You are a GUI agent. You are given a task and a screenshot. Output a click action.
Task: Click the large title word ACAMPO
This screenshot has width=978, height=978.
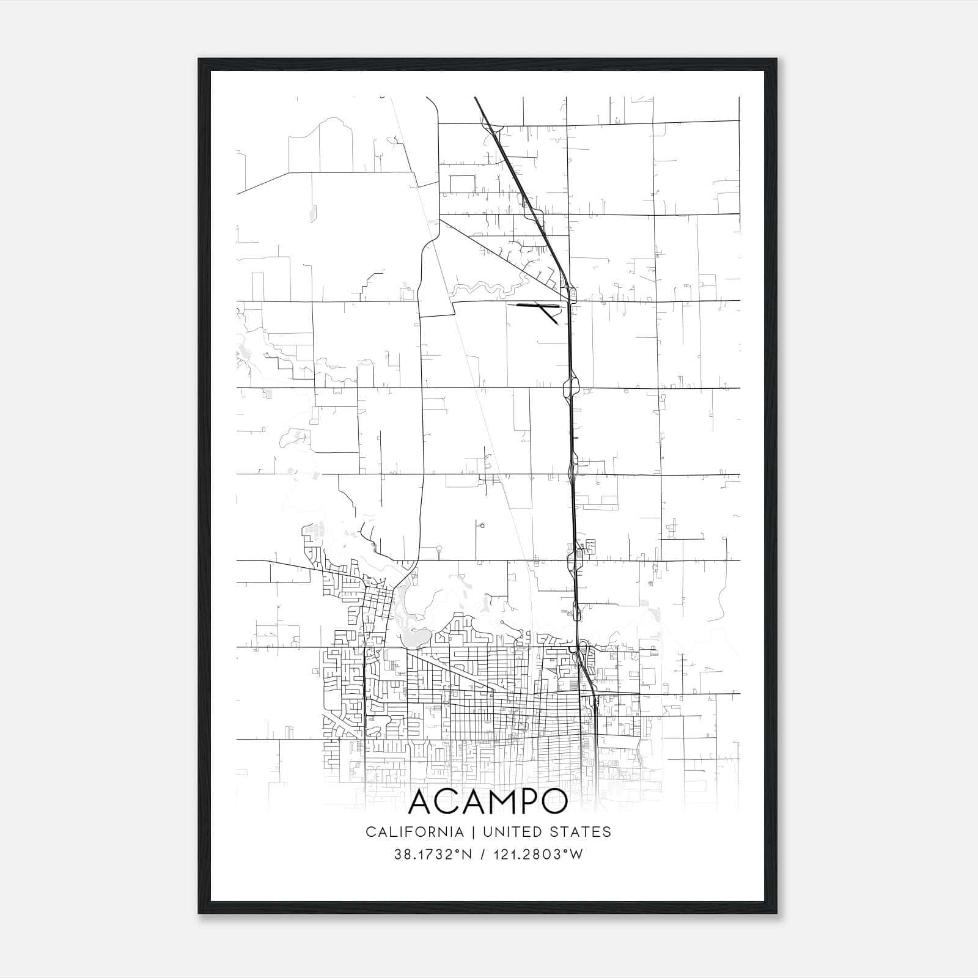pos(488,803)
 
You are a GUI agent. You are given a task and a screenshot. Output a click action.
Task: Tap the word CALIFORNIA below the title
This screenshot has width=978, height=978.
pos(414,832)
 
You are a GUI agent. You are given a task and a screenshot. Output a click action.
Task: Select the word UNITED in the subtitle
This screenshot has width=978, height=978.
pos(512,832)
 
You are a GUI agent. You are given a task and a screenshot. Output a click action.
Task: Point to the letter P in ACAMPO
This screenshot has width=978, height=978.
pos(527,803)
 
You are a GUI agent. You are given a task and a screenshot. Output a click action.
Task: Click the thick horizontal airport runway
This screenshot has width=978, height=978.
pos(538,304)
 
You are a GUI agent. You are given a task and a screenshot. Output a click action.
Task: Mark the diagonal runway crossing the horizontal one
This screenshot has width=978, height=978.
pos(548,313)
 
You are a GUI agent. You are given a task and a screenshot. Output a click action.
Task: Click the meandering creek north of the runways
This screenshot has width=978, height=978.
pos(489,285)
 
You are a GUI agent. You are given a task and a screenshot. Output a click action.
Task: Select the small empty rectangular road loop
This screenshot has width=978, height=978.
pos(463,184)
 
